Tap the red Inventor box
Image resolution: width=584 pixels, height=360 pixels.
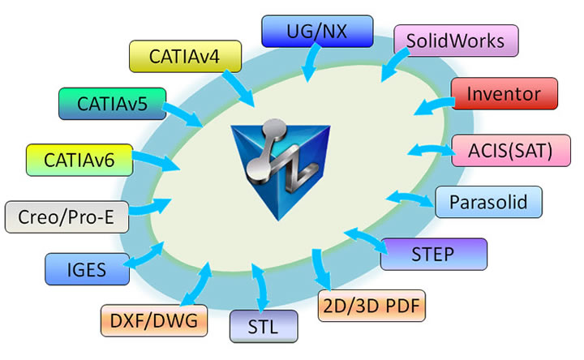[x=505, y=93]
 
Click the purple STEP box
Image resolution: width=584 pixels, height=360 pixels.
[x=433, y=255]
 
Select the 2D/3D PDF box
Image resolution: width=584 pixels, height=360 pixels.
[x=371, y=306]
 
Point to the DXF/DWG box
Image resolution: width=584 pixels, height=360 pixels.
[x=154, y=319]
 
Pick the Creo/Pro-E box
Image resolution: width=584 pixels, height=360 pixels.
[x=58, y=216]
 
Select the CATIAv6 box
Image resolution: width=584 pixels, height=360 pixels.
[x=78, y=160]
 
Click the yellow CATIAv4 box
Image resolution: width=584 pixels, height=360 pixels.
[x=185, y=56]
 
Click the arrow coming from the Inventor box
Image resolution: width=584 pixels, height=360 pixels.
[x=432, y=105]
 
